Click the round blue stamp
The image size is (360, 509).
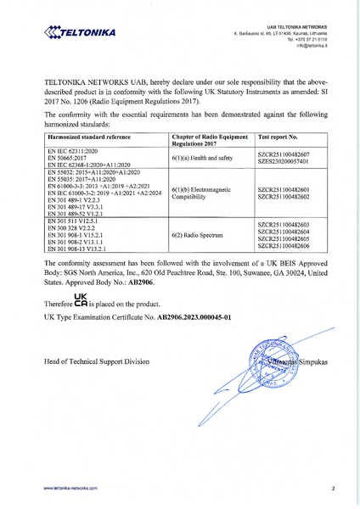(x=275, y=366)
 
